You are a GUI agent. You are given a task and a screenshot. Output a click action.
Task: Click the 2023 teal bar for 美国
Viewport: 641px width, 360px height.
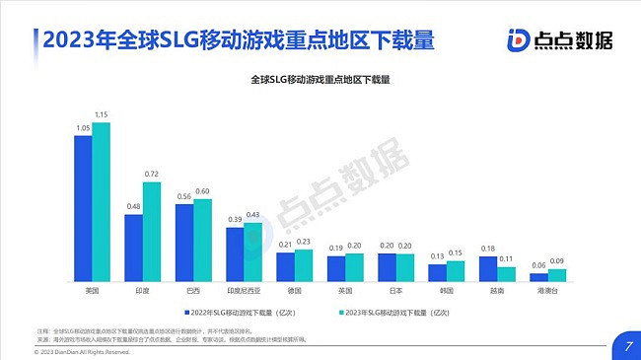101,202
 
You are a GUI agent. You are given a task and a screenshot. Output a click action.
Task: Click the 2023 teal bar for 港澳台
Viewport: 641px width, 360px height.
556,276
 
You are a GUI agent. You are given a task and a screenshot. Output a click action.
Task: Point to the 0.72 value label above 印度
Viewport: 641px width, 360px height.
152,175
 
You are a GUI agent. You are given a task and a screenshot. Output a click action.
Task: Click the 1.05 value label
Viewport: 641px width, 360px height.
83,128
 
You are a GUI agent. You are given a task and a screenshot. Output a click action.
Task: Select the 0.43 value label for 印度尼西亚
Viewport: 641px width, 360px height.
253,215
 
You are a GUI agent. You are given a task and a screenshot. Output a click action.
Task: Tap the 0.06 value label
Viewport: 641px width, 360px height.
538,266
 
